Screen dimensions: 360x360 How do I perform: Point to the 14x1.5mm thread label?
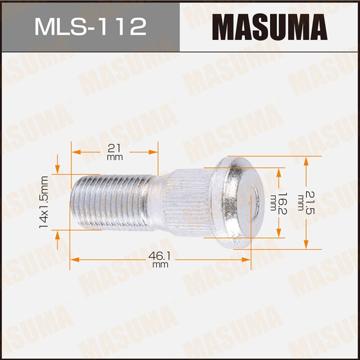click(x=44, y=202)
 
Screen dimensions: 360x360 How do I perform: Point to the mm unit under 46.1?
click(x=160, y=265)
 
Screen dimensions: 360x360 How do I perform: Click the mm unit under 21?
click(x=115, y=158)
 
